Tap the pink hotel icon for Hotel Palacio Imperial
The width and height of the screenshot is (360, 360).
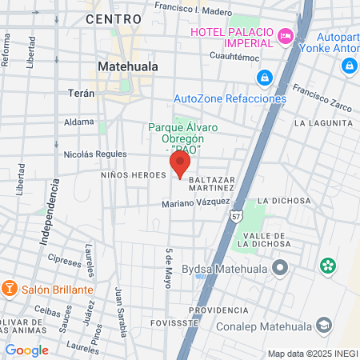285,35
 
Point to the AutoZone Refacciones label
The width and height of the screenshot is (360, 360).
230,98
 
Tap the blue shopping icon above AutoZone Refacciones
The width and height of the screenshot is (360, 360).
262,78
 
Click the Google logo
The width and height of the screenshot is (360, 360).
26,350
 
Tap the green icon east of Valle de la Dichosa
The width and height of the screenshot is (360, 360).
327,266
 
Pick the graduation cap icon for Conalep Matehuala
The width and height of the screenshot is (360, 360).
323,324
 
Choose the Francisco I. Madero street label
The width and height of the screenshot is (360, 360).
193,9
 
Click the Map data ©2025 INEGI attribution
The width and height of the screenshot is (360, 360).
313,354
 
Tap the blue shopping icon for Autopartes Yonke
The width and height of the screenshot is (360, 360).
349,65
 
